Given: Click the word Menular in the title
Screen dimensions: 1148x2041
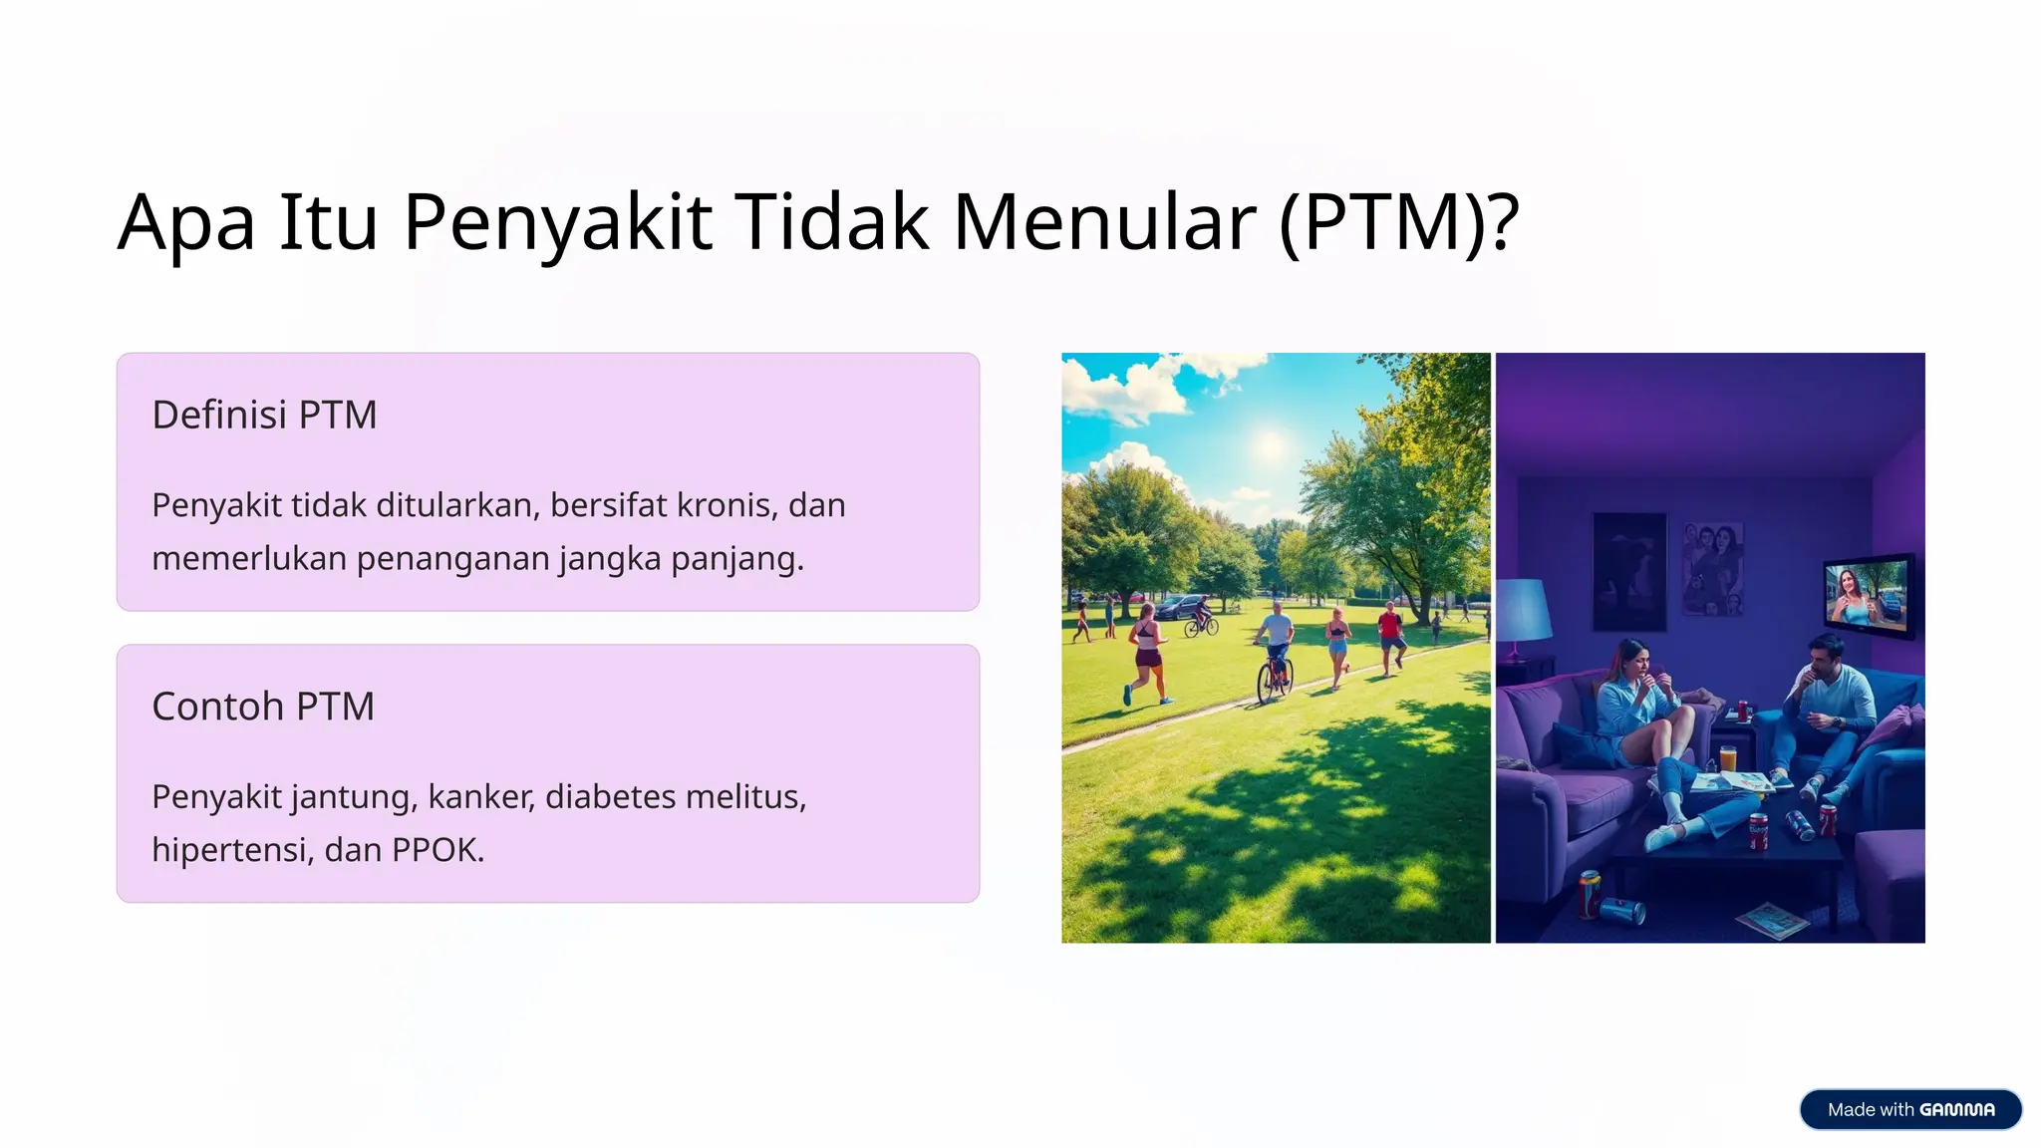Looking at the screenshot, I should [x=1103, y=221].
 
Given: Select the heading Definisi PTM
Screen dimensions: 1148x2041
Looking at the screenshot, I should [x=264, y=415].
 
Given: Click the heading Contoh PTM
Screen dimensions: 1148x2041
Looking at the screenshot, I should [x=263, y=707].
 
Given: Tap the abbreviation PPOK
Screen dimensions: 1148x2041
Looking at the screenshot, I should [x=437, y=850].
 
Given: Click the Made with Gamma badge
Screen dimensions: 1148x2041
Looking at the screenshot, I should [x=1909, y=1109].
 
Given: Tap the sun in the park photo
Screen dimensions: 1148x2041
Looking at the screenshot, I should [x=1270, y=442].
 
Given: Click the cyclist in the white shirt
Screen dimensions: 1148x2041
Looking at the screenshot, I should [x=1275, y=653].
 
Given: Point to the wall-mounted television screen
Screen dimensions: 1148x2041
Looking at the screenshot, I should [x=1867, y=595].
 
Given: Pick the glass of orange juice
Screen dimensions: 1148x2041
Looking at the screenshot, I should [x=1728, y=757].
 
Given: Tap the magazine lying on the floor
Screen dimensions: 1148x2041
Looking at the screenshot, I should [x=1771, y=919].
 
